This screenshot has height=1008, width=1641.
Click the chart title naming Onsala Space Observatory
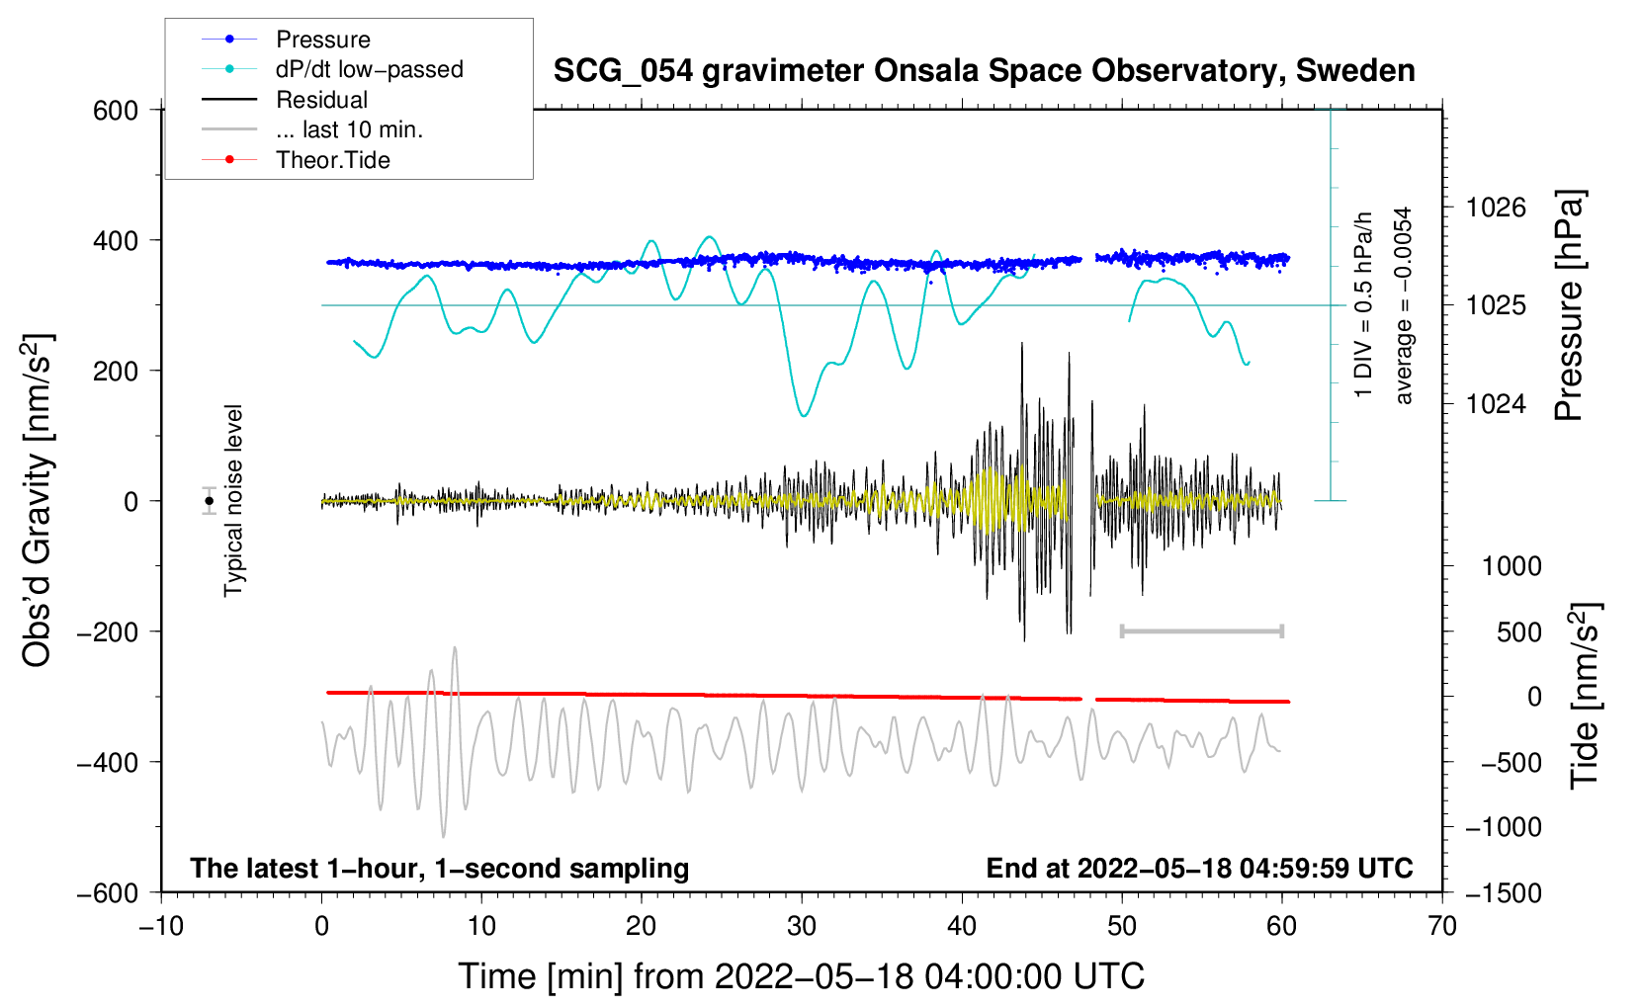(x=984, y=71)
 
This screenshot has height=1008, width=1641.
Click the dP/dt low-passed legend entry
(x=369, y=69)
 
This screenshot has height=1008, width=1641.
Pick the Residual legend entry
(x=321, y=100)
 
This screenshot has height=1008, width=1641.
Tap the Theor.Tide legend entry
(x=333, y=160)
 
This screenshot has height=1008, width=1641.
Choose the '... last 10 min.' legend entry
(x=349, y=129)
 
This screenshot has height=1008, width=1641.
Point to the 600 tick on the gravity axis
(x=116, y=110)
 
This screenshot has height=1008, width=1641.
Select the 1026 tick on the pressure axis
(x=1496, y=208)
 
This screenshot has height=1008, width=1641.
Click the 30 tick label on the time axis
(x=802, y=926)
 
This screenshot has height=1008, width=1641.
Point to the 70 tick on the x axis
(x=1442, y=926)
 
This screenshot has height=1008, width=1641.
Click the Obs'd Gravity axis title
(x=38, y=501)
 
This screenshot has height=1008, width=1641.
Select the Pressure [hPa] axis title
(x=1569, y=305)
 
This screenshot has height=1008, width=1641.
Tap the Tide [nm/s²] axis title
(x=1585, y=696)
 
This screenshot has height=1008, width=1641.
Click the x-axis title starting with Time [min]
(x=802, y=976)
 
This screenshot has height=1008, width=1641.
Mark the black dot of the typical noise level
(x=210, y=501)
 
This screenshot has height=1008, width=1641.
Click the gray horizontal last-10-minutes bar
(x=1201, y=630)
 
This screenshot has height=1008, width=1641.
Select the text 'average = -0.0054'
(x=1403, y=305)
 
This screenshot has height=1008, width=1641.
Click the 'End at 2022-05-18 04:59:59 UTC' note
(x=1199, y=868)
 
